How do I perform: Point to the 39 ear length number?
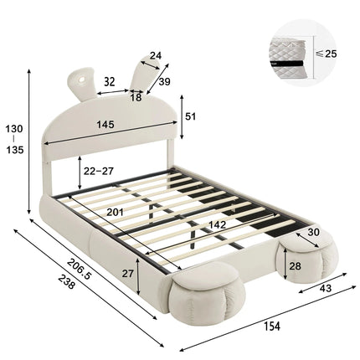click(163, 82)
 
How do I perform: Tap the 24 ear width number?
click(155, 58)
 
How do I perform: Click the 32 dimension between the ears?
click(110, 82)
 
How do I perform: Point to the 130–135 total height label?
click(14, 140)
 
